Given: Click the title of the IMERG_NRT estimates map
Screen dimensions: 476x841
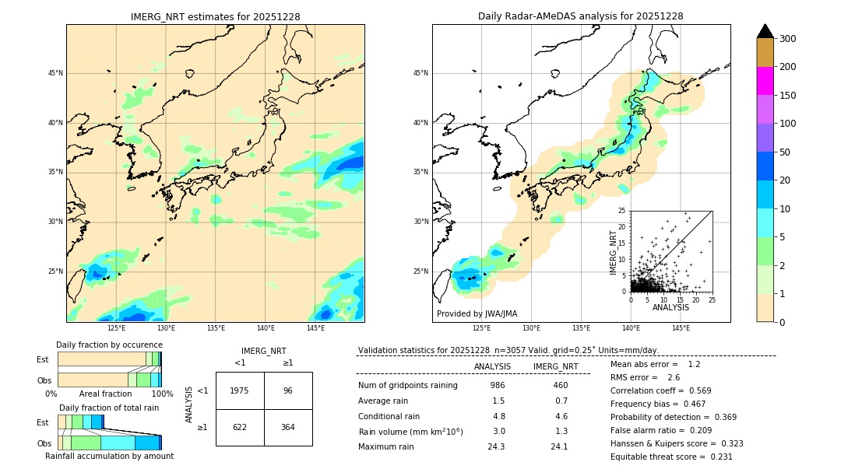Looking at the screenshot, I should point(215,16).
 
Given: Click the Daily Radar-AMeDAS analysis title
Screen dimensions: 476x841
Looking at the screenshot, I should point(581,16).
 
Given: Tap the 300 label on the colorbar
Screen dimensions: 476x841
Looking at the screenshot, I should point(789,39).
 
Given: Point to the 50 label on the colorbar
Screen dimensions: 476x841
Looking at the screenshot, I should point(786,152).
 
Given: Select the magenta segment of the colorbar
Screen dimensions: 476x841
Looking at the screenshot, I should point(765,81).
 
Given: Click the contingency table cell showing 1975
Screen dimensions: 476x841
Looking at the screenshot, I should point(239,390).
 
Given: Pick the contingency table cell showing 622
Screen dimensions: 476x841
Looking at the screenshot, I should point(239,427).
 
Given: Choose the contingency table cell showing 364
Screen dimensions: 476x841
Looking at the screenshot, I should point(288,427).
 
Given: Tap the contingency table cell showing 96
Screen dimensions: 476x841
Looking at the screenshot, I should point(288,390).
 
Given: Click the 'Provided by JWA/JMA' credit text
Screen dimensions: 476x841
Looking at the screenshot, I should point(477,314).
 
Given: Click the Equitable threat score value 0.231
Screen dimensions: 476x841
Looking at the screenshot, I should point(717,457).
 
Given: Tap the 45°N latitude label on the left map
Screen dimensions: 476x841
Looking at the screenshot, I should point(55,73).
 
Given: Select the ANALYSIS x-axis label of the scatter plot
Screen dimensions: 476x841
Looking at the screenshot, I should point(670,308).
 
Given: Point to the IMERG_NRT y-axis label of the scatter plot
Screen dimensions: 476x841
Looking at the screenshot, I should point(613,251).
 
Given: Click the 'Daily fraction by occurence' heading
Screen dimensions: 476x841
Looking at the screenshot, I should point(109,345).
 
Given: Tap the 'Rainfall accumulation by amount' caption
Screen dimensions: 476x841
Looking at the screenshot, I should point(109,456).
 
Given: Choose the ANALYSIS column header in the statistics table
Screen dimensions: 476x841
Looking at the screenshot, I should point(492,366).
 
